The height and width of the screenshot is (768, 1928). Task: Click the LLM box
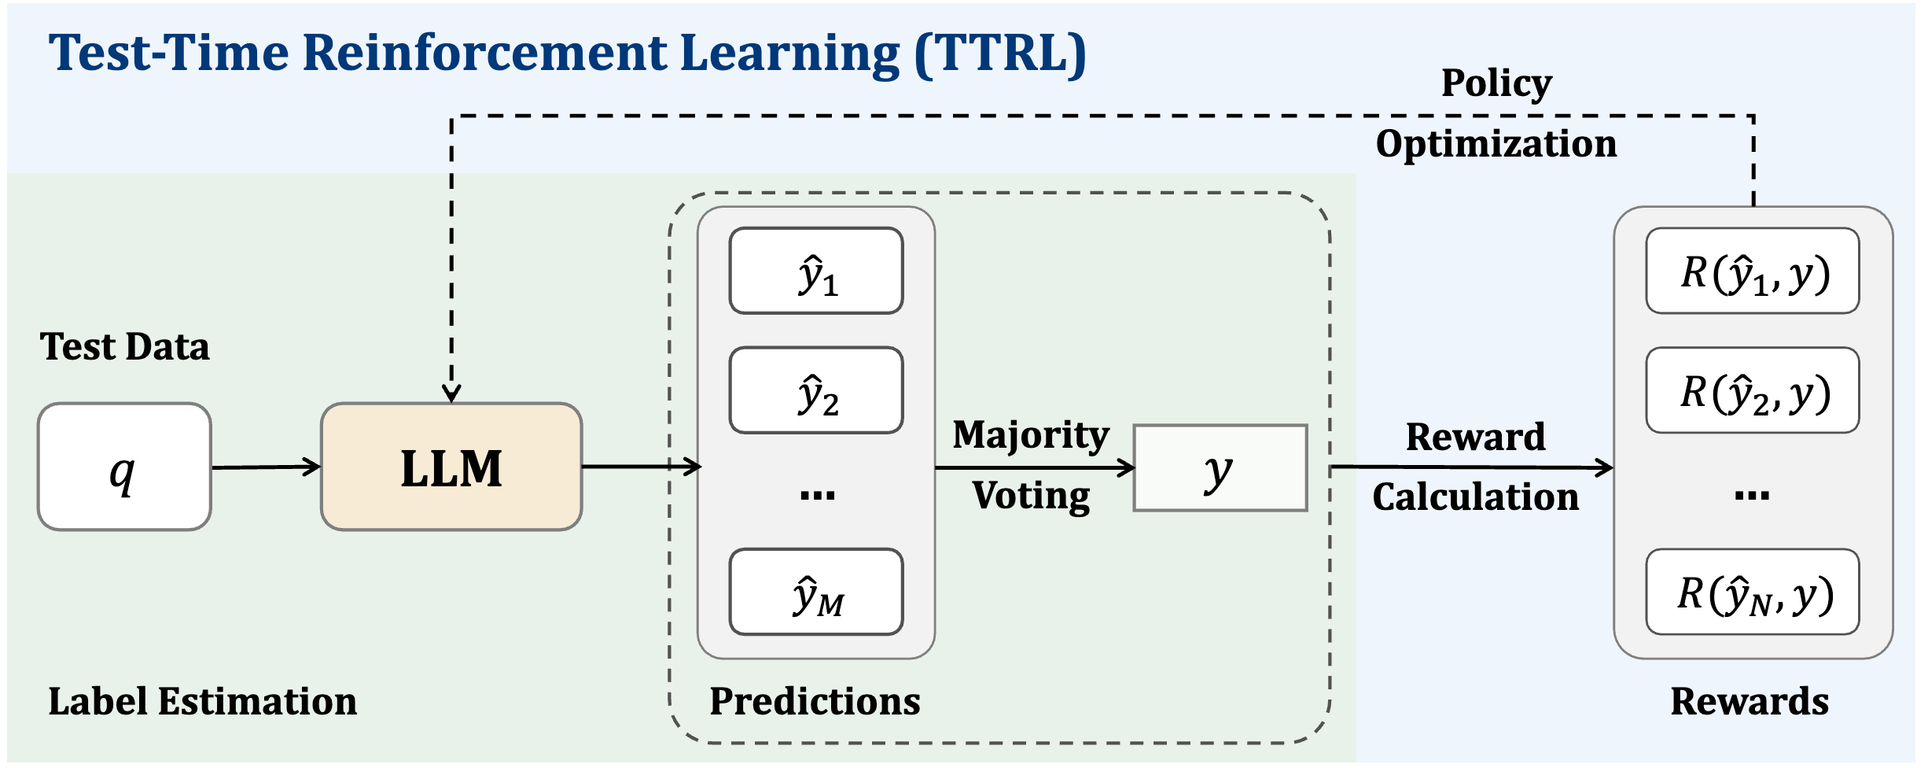tap(451, 467)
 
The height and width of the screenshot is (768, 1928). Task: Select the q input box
tap(124, 467)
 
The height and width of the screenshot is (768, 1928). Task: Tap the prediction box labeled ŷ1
tap(816, 271)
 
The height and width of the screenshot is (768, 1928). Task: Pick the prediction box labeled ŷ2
tap(816, 390)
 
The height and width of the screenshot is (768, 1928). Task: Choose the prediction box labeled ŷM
tap(816, 592)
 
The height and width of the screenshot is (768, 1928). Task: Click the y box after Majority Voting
tap(1220, 468)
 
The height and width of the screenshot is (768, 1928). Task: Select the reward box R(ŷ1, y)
tap(1753, 271)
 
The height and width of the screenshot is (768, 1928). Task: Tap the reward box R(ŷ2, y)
tap(1753, 390)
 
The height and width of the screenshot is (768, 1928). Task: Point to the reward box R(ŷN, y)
tap(1753, 592)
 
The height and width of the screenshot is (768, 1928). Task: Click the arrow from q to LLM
tap(267, 467)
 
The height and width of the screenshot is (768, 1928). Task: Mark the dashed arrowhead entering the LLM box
tap(451, 393)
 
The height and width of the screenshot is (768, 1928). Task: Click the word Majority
tap(1031, 435)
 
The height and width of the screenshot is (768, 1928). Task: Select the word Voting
tap(1031, 496)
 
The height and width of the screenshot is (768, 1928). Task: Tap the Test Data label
tap(125, 346)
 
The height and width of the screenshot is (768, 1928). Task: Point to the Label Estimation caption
tap(203, 701)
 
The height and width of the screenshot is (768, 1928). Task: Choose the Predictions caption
tap(815, 701)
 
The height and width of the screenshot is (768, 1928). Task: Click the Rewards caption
tap(1750, 701)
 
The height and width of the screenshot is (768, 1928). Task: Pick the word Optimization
tap(1496, 144)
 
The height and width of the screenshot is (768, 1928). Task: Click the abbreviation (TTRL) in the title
tap(1000, 54)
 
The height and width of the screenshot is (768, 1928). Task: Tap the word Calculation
tap(1476, 497)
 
